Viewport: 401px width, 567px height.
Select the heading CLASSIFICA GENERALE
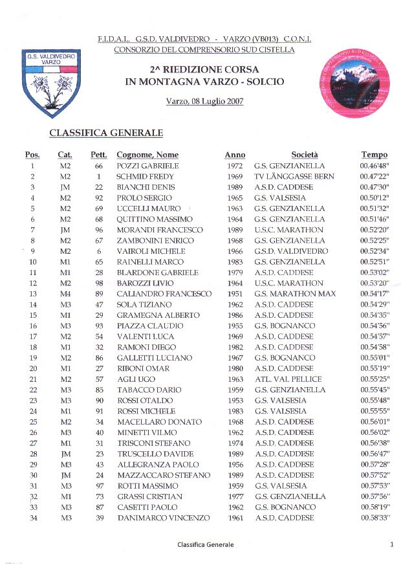106,133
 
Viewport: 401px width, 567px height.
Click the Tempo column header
374,155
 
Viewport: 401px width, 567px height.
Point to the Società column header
305,155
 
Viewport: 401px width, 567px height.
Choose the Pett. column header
99,155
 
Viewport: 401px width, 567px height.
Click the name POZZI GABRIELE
147,166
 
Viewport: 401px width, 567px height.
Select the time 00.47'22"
374,177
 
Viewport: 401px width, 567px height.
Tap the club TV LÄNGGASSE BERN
294,177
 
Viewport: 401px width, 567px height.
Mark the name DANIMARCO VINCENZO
164,518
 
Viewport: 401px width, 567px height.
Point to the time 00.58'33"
374,518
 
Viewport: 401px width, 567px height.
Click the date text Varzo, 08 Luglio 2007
204,102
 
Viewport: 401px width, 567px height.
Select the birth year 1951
235,294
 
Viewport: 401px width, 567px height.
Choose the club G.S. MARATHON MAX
295,294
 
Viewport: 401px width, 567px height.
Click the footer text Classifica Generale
206,545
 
